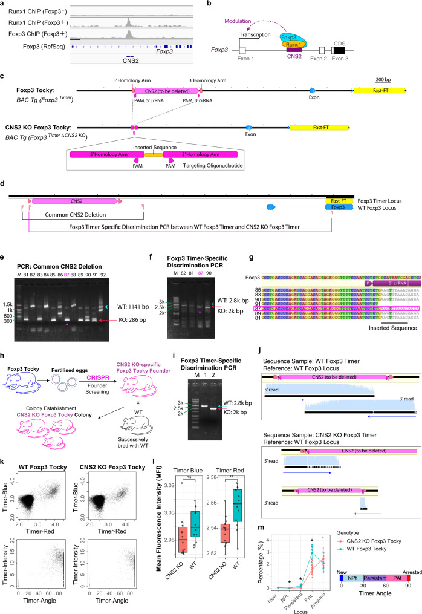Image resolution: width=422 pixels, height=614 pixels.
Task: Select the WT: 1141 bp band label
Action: tap(166, 276)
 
